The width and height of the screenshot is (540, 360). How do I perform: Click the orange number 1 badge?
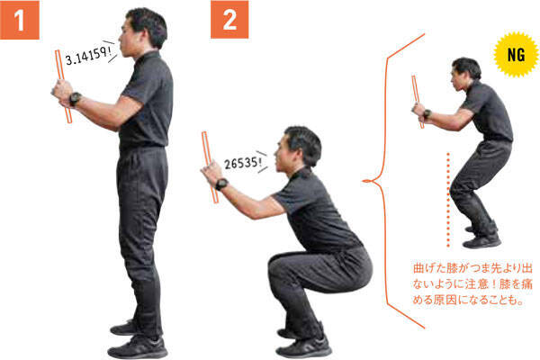20,20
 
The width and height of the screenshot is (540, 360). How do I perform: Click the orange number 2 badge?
229,20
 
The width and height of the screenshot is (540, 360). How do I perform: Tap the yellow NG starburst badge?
516,54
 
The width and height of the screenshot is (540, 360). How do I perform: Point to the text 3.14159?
88,56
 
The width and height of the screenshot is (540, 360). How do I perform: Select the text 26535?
242,163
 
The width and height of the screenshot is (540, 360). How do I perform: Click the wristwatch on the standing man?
75,99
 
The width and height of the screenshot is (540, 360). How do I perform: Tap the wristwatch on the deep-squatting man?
221,184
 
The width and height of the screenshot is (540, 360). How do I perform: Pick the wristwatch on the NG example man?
427,113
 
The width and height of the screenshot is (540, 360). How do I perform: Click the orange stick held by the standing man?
63,86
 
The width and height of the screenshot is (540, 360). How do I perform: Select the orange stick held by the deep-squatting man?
210,167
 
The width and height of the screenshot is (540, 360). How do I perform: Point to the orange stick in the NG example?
418,102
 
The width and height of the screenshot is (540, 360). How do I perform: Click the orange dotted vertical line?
448,200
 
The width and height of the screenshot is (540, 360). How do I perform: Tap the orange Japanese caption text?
472,284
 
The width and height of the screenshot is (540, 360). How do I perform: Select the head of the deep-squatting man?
299,148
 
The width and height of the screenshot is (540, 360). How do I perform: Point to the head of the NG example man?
465,73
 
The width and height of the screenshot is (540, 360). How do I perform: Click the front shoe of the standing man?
138,347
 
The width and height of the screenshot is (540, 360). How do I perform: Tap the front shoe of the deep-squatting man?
304,346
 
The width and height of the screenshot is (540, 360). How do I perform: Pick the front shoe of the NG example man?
481,241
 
